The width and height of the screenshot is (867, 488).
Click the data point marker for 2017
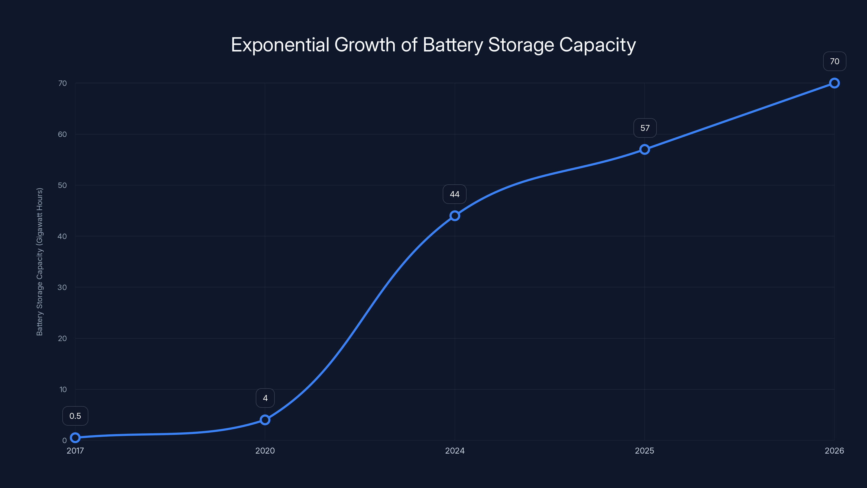(x=75, y=438)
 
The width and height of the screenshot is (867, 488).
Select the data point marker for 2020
(x=265, y=420)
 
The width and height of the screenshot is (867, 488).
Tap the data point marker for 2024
(x=455, y=216)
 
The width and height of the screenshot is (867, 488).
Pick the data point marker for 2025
(x=645, y=149)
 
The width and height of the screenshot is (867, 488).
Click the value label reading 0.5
(x=75, y=416)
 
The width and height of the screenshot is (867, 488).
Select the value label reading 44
(x=454, y=194)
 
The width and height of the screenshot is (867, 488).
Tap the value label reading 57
(x=645, y=128)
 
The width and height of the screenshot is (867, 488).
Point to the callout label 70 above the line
(x=834, y=61)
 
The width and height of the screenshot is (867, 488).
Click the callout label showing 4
(x=265, y=398)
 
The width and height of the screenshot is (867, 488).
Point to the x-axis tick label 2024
(x=455, y=451)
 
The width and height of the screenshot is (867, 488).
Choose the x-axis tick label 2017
(x=75, y=451)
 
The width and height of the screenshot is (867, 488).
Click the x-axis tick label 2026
(x=834, y=451)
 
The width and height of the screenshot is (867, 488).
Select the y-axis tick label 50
(x=62, y=185)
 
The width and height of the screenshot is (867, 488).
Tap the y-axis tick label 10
(x=63, y=389)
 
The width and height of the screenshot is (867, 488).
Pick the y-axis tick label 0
(x=64, y=441)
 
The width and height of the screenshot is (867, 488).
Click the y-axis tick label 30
(x=62, y=287)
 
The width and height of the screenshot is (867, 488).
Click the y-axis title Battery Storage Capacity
(x=40, y=262)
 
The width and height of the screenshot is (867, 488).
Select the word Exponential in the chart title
(x=280, y=45)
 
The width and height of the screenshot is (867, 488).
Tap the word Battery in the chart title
(x=453, y=45)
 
